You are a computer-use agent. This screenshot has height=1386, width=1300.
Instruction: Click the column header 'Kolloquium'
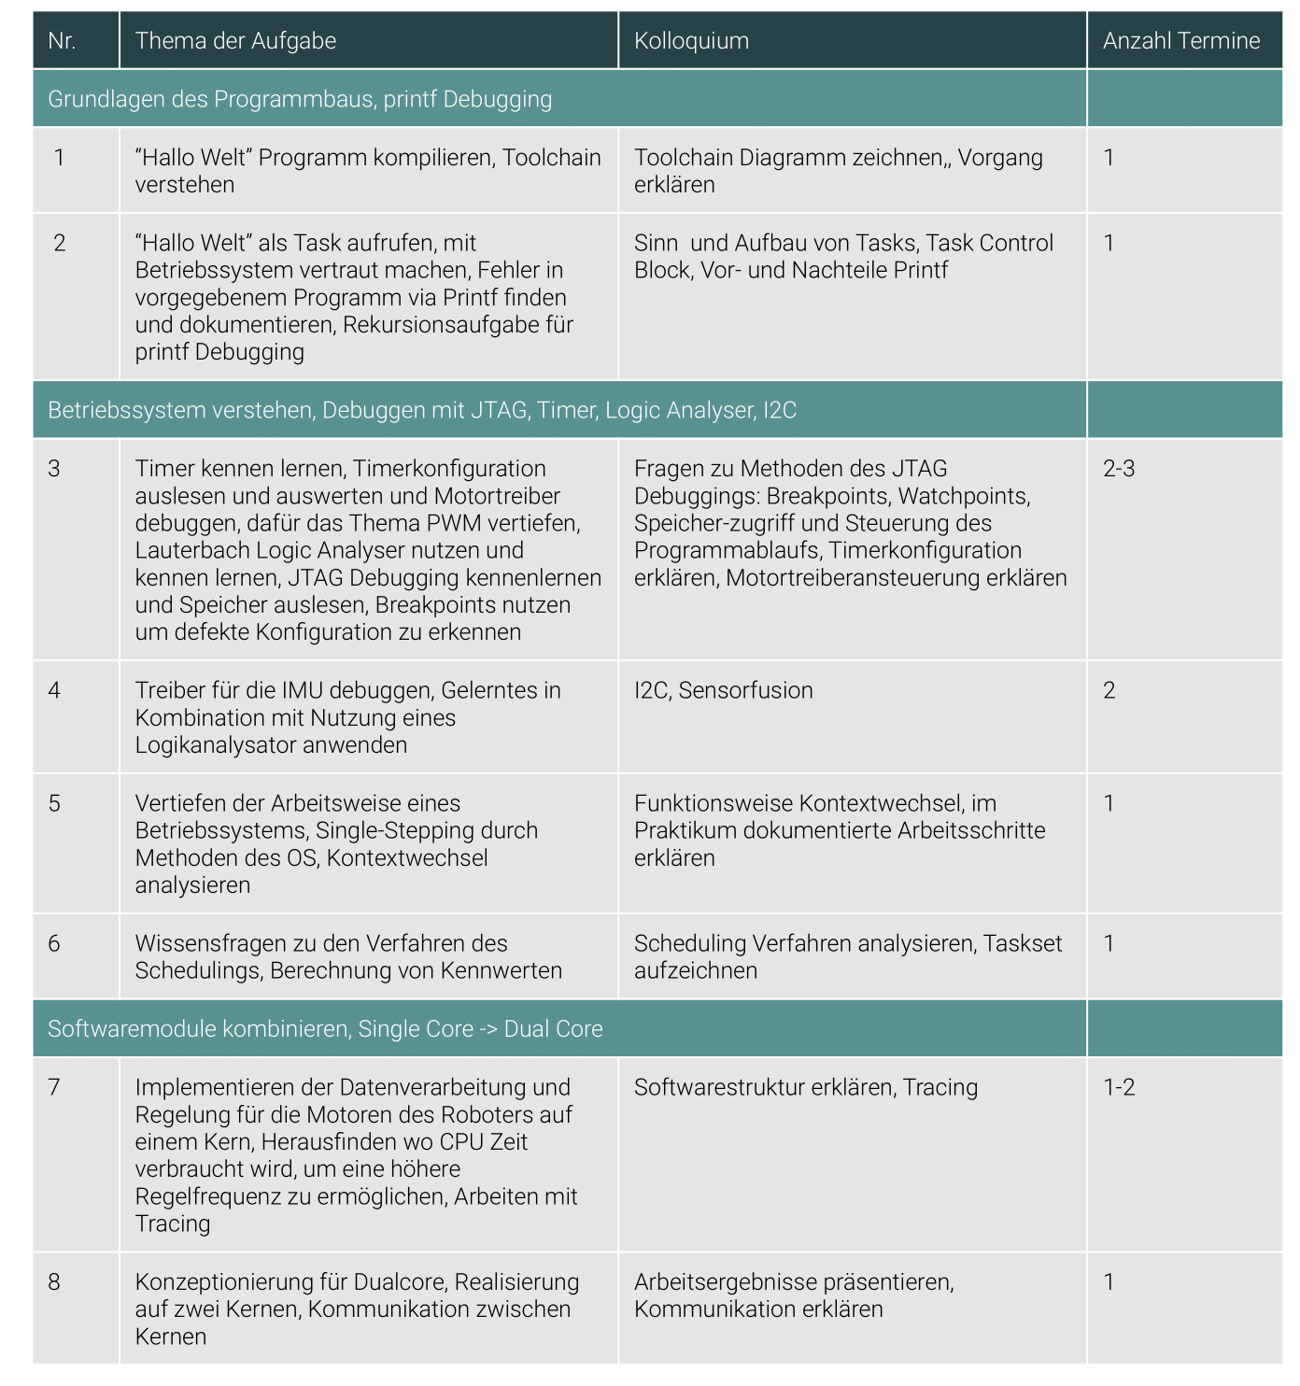click(691, 41)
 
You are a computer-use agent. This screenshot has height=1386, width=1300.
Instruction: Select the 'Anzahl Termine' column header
click(1180, 41)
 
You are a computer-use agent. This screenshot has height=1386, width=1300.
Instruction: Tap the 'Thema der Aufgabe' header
click(235, 41)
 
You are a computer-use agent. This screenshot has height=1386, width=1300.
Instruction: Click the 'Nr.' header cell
click(62, 41)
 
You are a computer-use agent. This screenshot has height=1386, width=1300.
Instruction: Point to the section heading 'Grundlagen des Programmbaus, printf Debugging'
click(300, 99)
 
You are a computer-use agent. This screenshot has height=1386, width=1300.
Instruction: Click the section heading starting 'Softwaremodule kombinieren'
click(325, 1029)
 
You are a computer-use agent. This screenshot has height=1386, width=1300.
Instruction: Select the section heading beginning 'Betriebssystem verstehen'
click(422, 410)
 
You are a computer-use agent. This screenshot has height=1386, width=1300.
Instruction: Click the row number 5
click(54, 804)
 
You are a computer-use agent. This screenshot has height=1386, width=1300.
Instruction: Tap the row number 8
click(54, 1282)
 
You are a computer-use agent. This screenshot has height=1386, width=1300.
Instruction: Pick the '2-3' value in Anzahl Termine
click(1119, 469)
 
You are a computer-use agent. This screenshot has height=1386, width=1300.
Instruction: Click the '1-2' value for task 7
click(1119, 1087)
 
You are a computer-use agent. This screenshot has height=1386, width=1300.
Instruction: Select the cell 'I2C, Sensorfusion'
click(723, 690)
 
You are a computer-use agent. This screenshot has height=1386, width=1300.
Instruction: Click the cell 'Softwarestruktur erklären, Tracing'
click(806, 1087)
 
